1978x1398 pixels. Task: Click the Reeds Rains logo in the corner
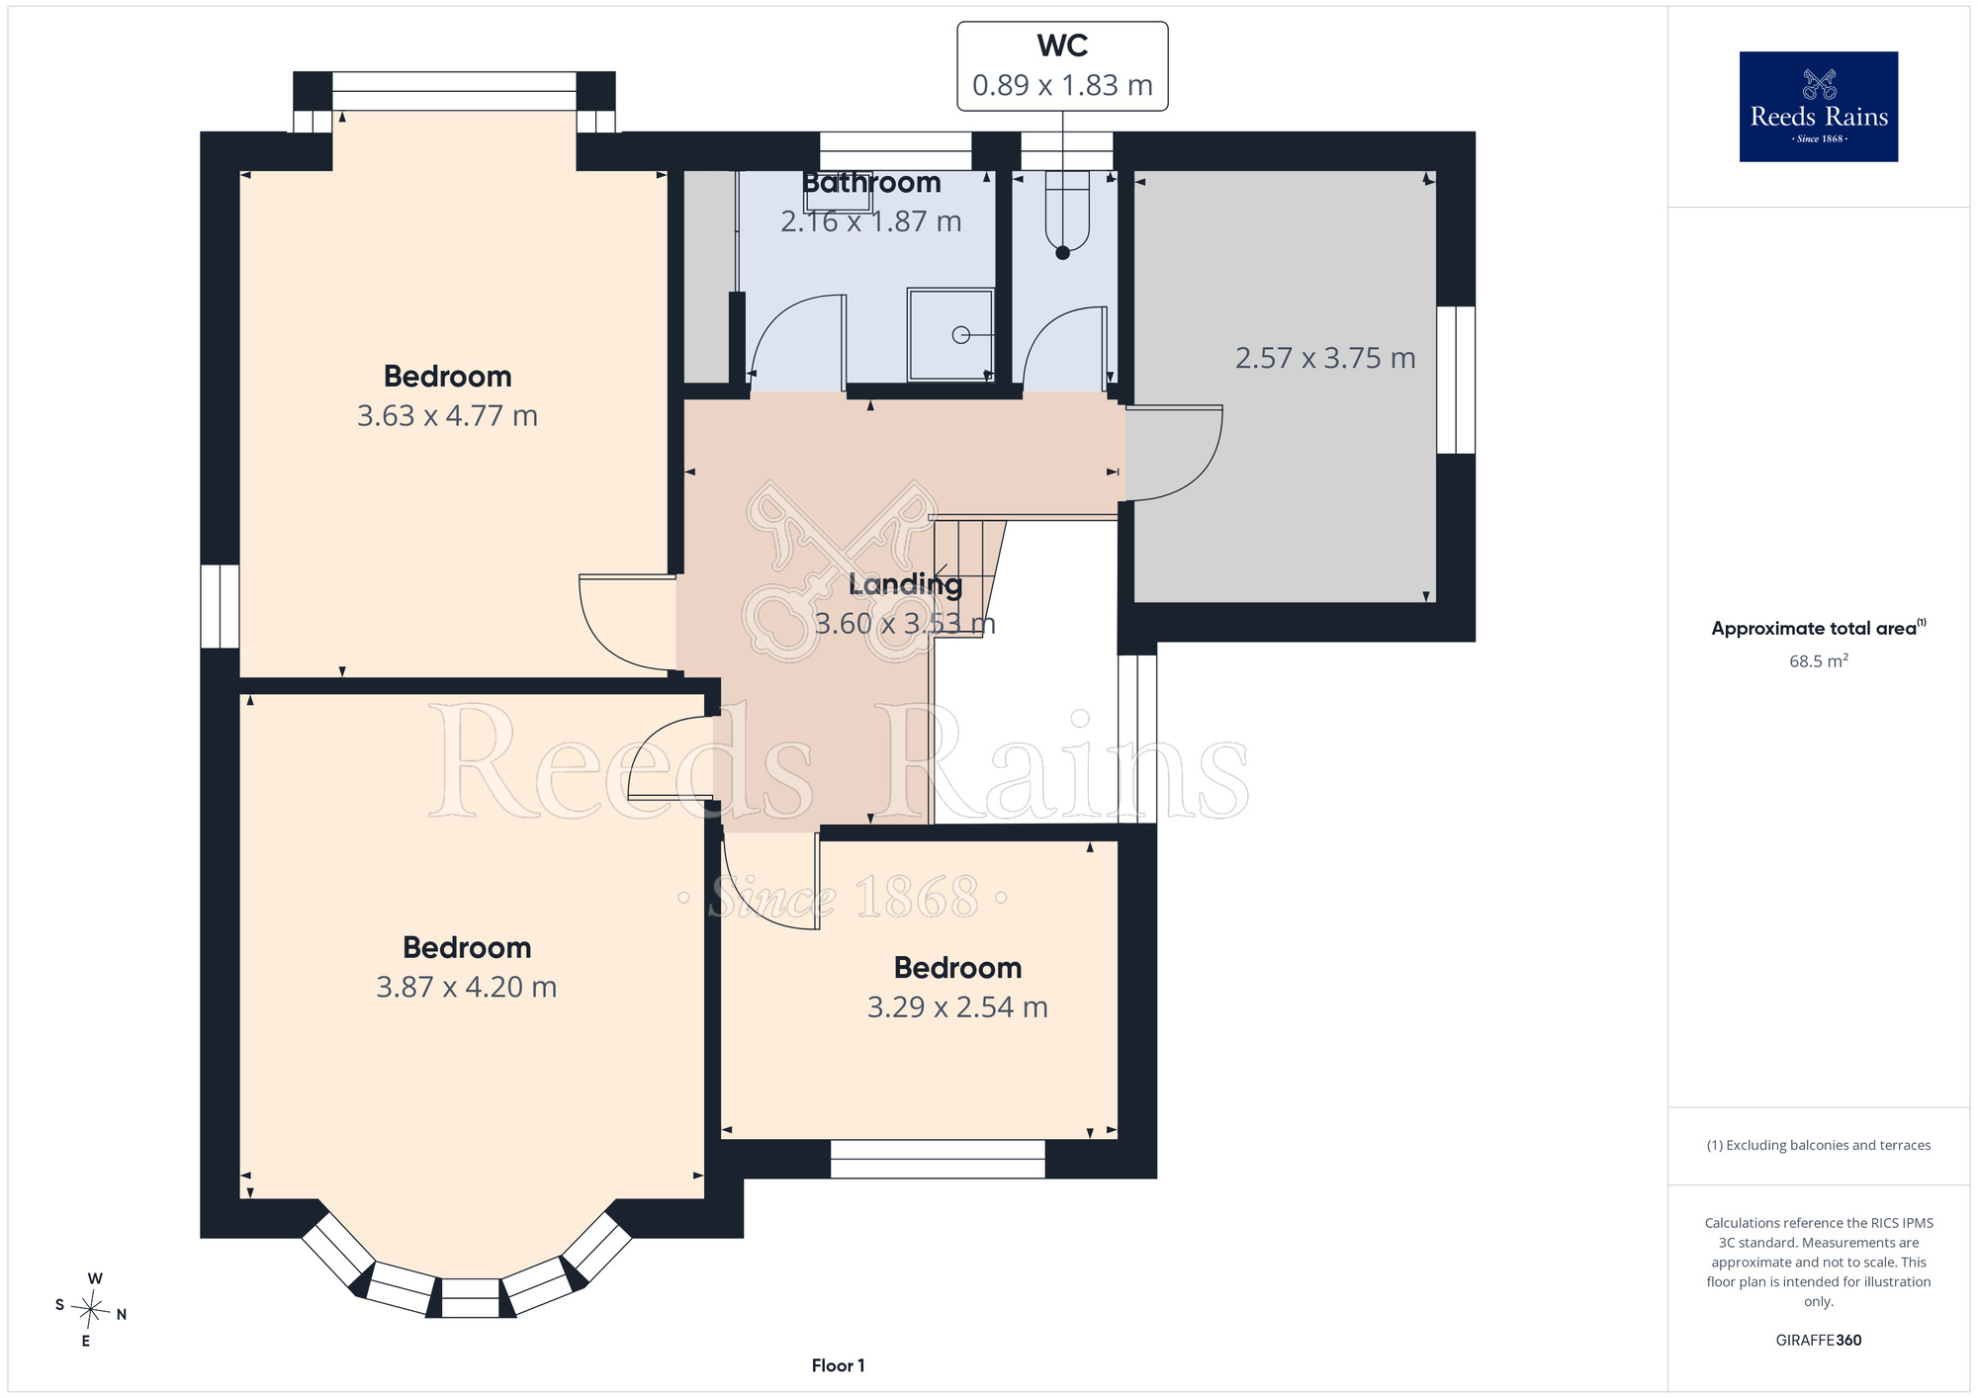[x=1818, y=107]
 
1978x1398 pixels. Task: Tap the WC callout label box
[x=1062, y=66]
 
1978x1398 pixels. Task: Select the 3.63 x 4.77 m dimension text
[x=447, y=416]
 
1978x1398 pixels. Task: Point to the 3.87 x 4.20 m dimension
[x=467, y=988]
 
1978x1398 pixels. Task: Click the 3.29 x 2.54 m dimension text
[x=957, y=1007]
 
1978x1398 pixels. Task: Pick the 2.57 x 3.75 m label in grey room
[x=1325, y=358]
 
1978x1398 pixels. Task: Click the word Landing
[x=905, y=584]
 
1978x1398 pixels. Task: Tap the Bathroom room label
[x=871, y=183]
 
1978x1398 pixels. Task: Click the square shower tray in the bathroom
[x=950, y=334]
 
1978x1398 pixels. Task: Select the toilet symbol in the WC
[x=1067, y=211]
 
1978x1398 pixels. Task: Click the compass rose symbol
[x=91, y=1311]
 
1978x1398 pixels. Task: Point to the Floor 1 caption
[x=838, y=1365]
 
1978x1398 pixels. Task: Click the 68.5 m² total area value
[x=1818, y=660]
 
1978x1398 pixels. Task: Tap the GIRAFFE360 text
[x=1818, y=1341]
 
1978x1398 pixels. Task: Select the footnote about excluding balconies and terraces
[x=1818, y=1145]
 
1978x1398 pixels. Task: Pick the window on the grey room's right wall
[x=1456, y=380]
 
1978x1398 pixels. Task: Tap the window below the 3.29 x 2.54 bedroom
[x=938, y=1159]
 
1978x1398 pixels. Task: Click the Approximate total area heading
[x=1818, y=628]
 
